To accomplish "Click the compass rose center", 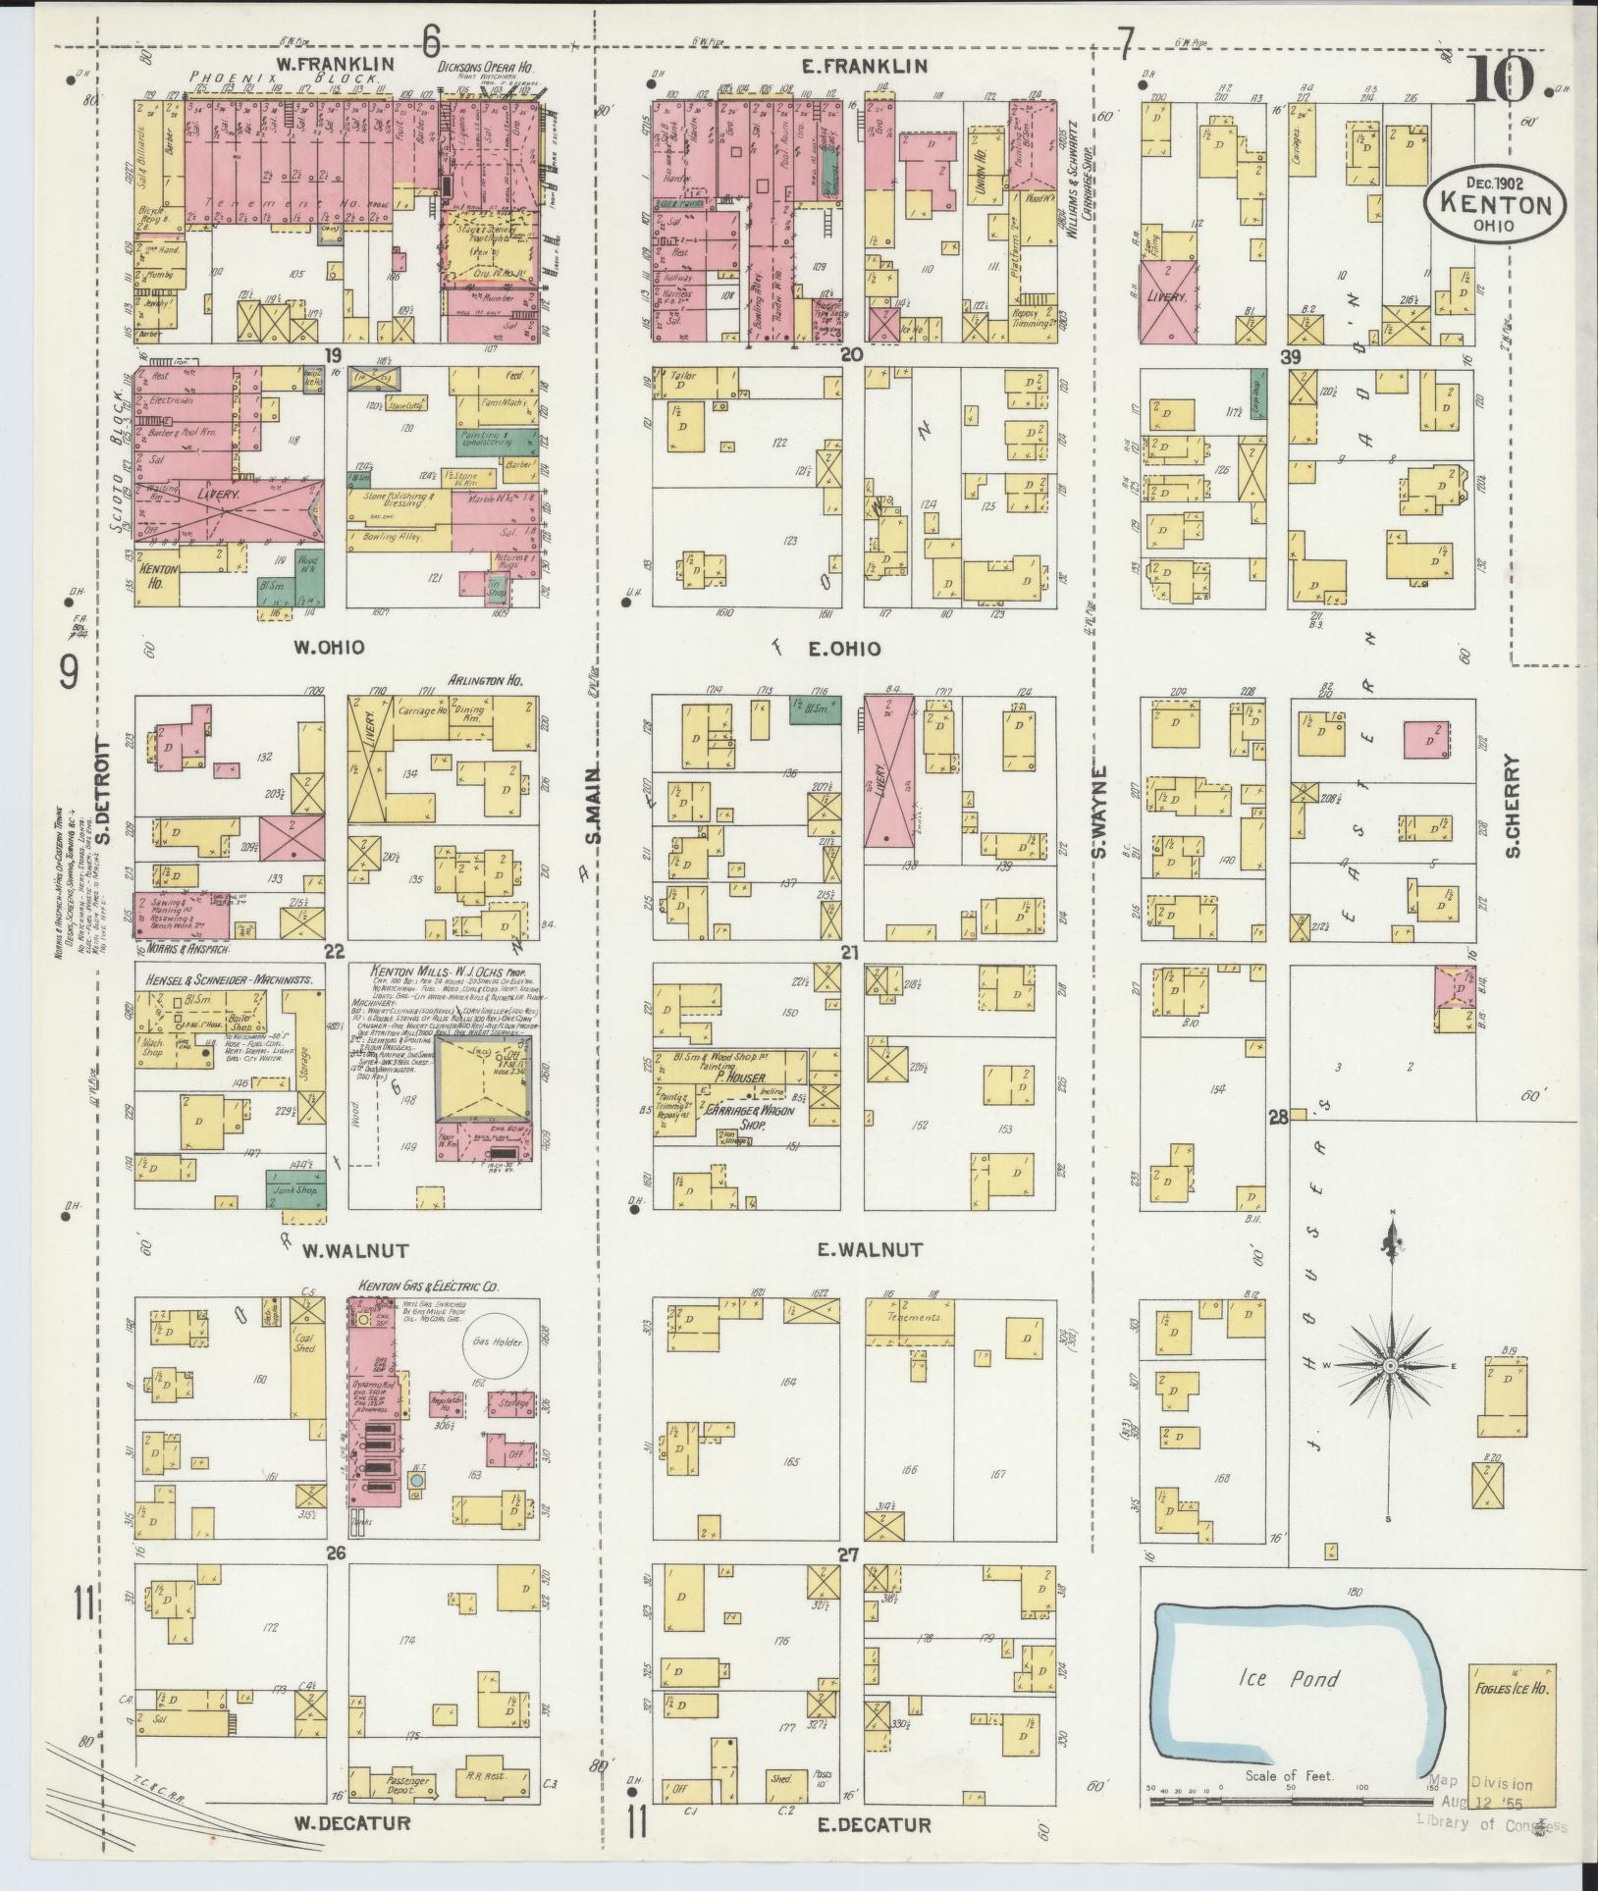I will pyautogui.click(x=1390, y=1366).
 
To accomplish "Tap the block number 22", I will pyautogui.click(x=335, y=951).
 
